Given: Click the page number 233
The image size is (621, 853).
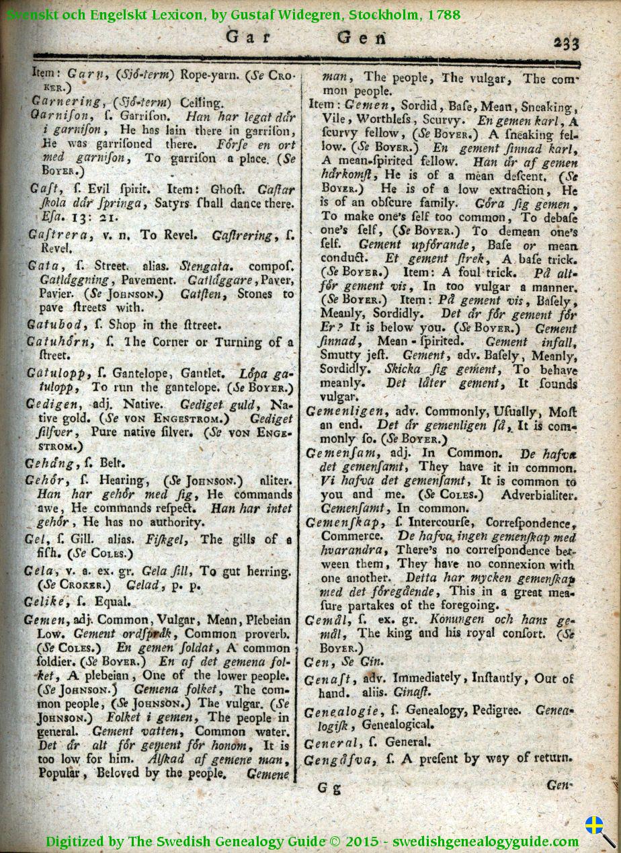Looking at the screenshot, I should [x=566, y=42].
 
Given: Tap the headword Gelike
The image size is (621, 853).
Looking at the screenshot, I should [x=50, y=602].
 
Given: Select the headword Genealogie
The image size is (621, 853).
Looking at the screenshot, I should [x=341, y=711].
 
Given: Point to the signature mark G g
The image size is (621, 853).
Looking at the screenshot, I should [x=329, y=788].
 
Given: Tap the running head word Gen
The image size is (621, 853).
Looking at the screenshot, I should [x=361, y=38].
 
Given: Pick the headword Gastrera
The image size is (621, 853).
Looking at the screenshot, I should [x=54, y=235].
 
